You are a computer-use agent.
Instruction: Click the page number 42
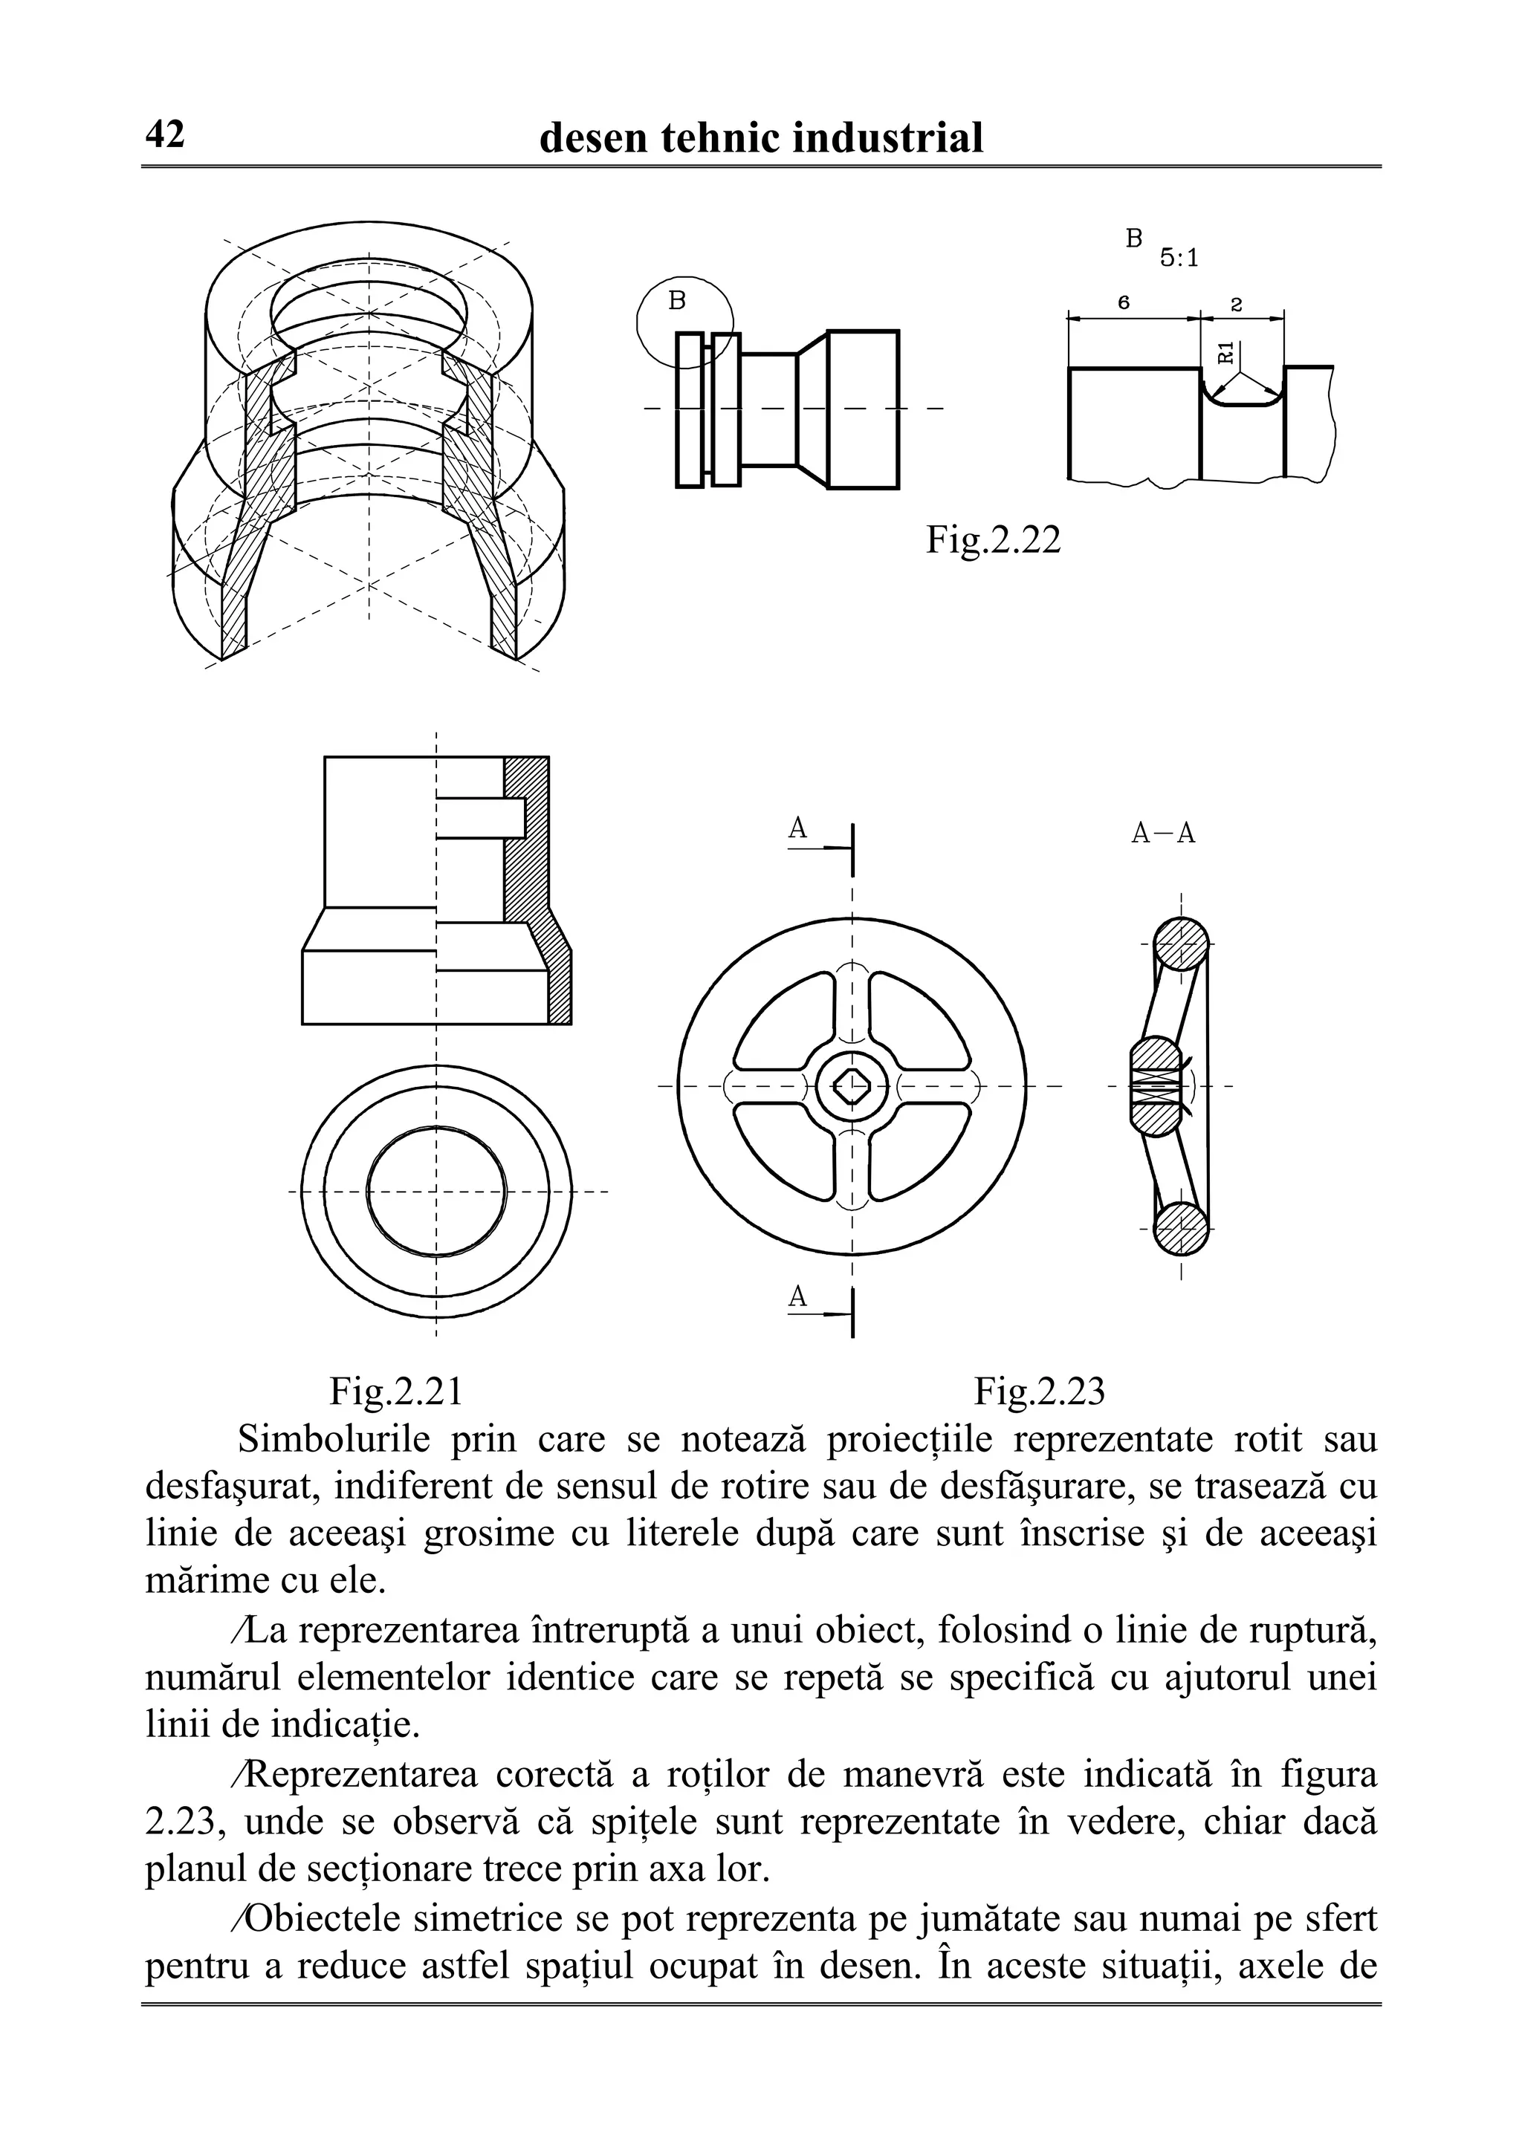pyautogui.click(x=165, y=136)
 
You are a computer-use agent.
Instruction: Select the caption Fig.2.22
pyautogui.click(x=993, y=540)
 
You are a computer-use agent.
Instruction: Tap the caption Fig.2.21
pyautogui.click(x=396, y=1391)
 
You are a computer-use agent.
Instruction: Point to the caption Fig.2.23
pyautogui.click(x=1039, y=1391)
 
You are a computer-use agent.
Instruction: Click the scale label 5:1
pyautogui.click(x=1179, y=258)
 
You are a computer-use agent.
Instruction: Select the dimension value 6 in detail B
pyautogui.click(x=1124, y=303)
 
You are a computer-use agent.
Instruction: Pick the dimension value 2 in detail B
pyautogui.click(x=1236, y=304)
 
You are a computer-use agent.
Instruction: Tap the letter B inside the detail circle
pyautogui.click(x=677, y=301)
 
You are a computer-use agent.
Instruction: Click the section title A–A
pyautogui.click(x=1163, y=834)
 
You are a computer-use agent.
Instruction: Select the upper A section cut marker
pyautogui.click(x=798, y=829)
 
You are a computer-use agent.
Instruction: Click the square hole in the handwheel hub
pyautogui.click(x=852, y=1087)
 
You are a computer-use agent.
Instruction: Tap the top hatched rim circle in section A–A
pyautogui.click(x=1181, y=944)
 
